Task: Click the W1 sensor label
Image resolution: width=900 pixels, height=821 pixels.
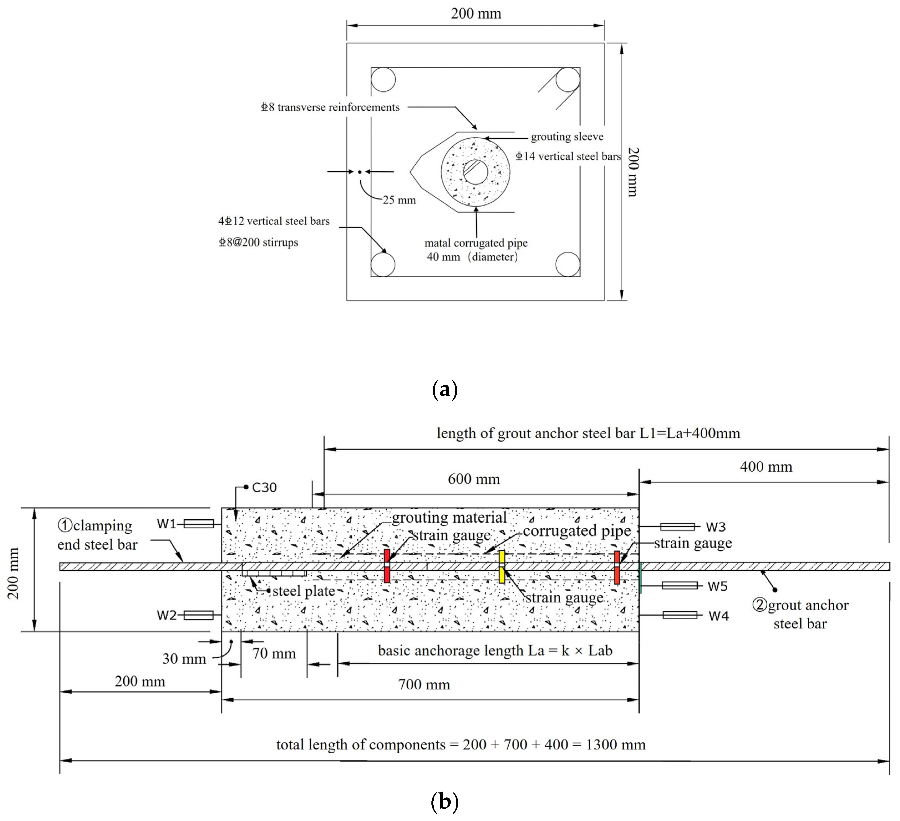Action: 166,524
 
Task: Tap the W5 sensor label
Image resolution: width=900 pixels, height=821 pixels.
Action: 717,586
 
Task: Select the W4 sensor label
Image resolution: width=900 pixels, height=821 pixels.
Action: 718,616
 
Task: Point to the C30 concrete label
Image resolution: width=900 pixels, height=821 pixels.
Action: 264,487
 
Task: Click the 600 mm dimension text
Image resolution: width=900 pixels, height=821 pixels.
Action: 474,479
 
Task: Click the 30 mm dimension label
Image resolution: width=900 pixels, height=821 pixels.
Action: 184,659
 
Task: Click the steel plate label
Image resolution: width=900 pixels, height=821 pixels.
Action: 304,591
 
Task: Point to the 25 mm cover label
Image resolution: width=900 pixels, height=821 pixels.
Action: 399,200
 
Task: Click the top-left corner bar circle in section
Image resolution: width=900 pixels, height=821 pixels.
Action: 383,80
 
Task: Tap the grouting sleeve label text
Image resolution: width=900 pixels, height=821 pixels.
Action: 567,137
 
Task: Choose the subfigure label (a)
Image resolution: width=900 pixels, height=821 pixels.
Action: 445,390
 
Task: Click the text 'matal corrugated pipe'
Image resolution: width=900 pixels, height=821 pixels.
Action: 476,243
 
